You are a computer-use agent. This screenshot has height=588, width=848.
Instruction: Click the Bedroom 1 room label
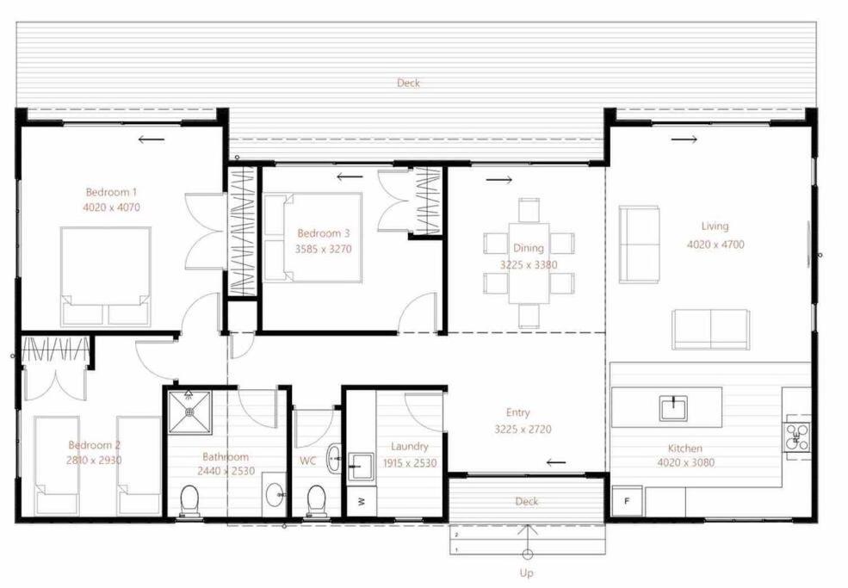tap(111, 192)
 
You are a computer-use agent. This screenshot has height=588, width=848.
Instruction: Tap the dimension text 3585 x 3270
tap(323, 250)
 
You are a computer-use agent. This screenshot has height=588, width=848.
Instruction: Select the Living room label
tap(715, 226)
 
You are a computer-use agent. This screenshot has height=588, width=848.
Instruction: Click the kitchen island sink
tap(673, 408)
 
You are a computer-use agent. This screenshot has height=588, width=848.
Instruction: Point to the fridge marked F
tap(628, 501)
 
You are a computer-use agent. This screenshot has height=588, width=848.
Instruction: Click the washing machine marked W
tap(362, 501)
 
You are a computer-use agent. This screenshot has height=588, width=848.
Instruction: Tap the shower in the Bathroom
tap(189, 412)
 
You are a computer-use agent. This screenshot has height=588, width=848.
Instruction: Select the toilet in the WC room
tap(315, 501)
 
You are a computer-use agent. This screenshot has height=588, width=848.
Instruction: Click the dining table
tap(529, 263)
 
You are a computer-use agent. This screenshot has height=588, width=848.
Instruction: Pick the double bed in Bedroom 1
tap(105, 276)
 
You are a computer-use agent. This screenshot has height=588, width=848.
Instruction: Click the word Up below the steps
tap(526, 573)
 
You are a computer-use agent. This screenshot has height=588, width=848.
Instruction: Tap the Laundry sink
tap(361, 467)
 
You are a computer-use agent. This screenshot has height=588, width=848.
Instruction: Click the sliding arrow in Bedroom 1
tap(151, 139)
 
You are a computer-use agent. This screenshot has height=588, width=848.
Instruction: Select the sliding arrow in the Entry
tap(556, 462)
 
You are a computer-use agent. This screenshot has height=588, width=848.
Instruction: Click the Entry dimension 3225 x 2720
tap(523, 430)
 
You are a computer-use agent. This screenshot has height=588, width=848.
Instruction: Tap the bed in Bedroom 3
tap(313, 238)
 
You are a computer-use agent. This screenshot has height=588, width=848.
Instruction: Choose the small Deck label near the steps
tap(527, 502)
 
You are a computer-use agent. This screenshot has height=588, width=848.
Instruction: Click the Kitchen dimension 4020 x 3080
tap(686, 463)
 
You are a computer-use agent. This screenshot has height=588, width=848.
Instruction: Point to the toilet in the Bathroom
tap(189, 501)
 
